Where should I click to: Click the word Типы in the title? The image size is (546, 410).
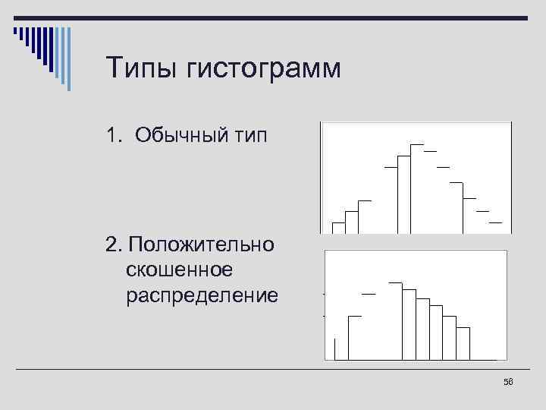pos(142,69)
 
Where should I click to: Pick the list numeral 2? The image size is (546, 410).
pos(113,244)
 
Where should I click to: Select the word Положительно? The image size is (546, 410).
pos(202,244)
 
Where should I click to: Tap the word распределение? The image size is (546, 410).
pos(202,294)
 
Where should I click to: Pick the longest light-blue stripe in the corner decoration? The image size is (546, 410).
pos(69,58)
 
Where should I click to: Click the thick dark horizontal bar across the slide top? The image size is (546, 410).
pos(303,17)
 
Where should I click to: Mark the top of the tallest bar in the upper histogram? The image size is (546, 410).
pos(417,144)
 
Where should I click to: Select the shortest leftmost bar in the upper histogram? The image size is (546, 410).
pos(338,227)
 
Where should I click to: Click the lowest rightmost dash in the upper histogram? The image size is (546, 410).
pos(495,223)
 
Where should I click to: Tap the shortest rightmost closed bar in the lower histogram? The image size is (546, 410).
pos(463,343)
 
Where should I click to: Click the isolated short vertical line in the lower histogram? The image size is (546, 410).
pos(334,348)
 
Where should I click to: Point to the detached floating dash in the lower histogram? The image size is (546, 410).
pos(369,293)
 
